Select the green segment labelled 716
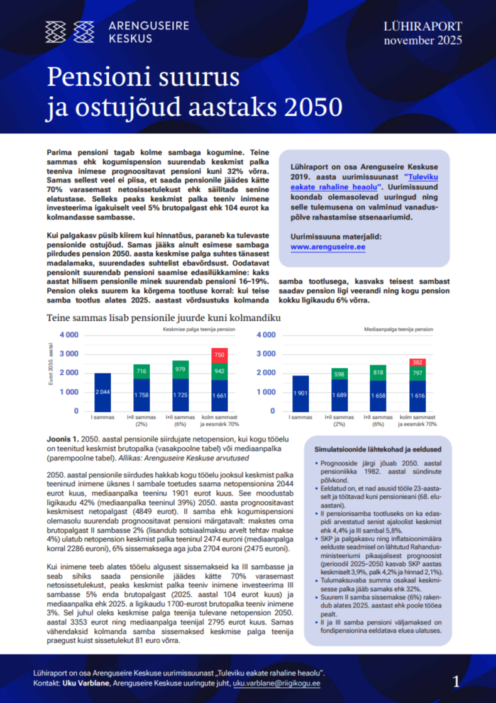[x=141, y=372]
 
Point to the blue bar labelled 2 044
[x=102, y=392]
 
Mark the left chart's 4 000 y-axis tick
[x=69, y=335]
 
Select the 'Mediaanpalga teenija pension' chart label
[x=398, y=329]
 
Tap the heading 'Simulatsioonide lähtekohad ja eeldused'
[x=377, y=450]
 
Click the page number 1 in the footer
[x=456, y=681]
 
